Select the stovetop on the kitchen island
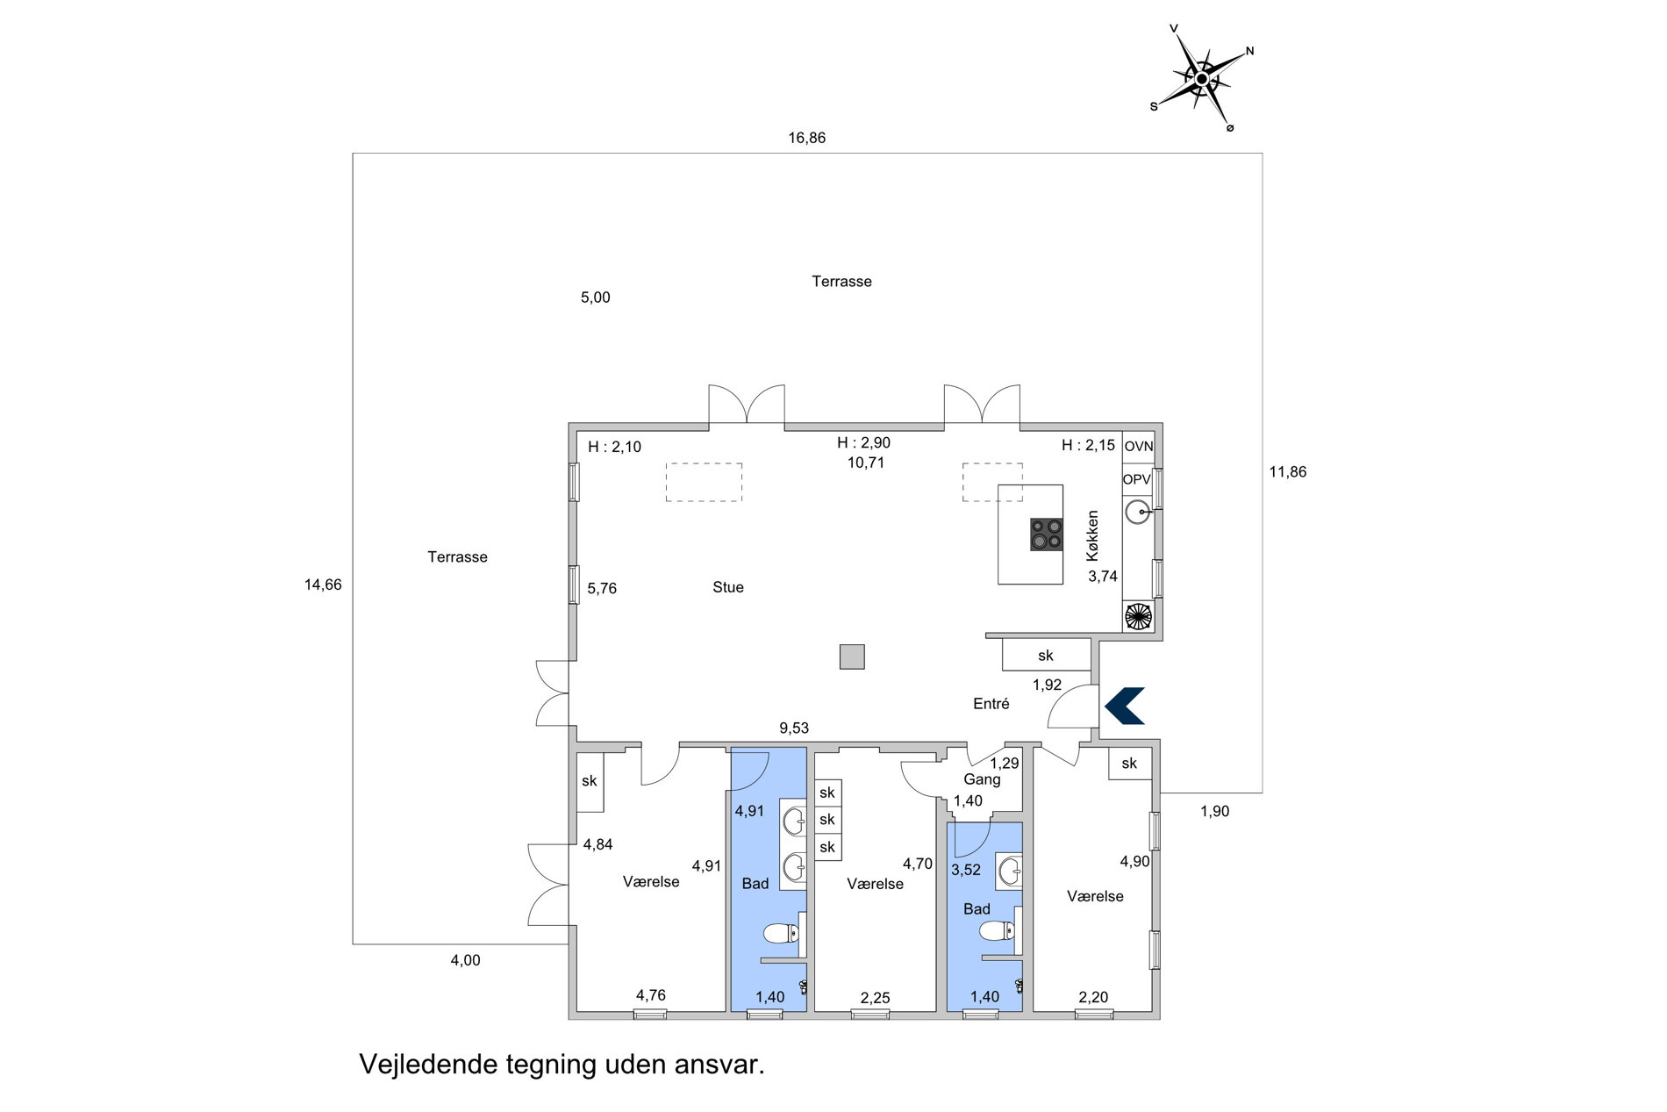(x=1047, y=534)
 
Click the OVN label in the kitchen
(x=1139, y=447)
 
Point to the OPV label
(x=1137, y=479)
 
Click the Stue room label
(x=728, y=587)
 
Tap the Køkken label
(x=1092, y=536)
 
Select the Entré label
(x=991, y=704)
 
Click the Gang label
(x=982, y=779)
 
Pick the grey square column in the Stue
(x=852, y=656)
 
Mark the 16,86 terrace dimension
(x=806, y=138)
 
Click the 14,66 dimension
(x=323, y=585)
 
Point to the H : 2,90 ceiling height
(x=863, y=443)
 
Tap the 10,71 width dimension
(x=866, y=463)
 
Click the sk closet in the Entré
(x=1046, y=655)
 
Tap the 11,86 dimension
(x=1288, y=472)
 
